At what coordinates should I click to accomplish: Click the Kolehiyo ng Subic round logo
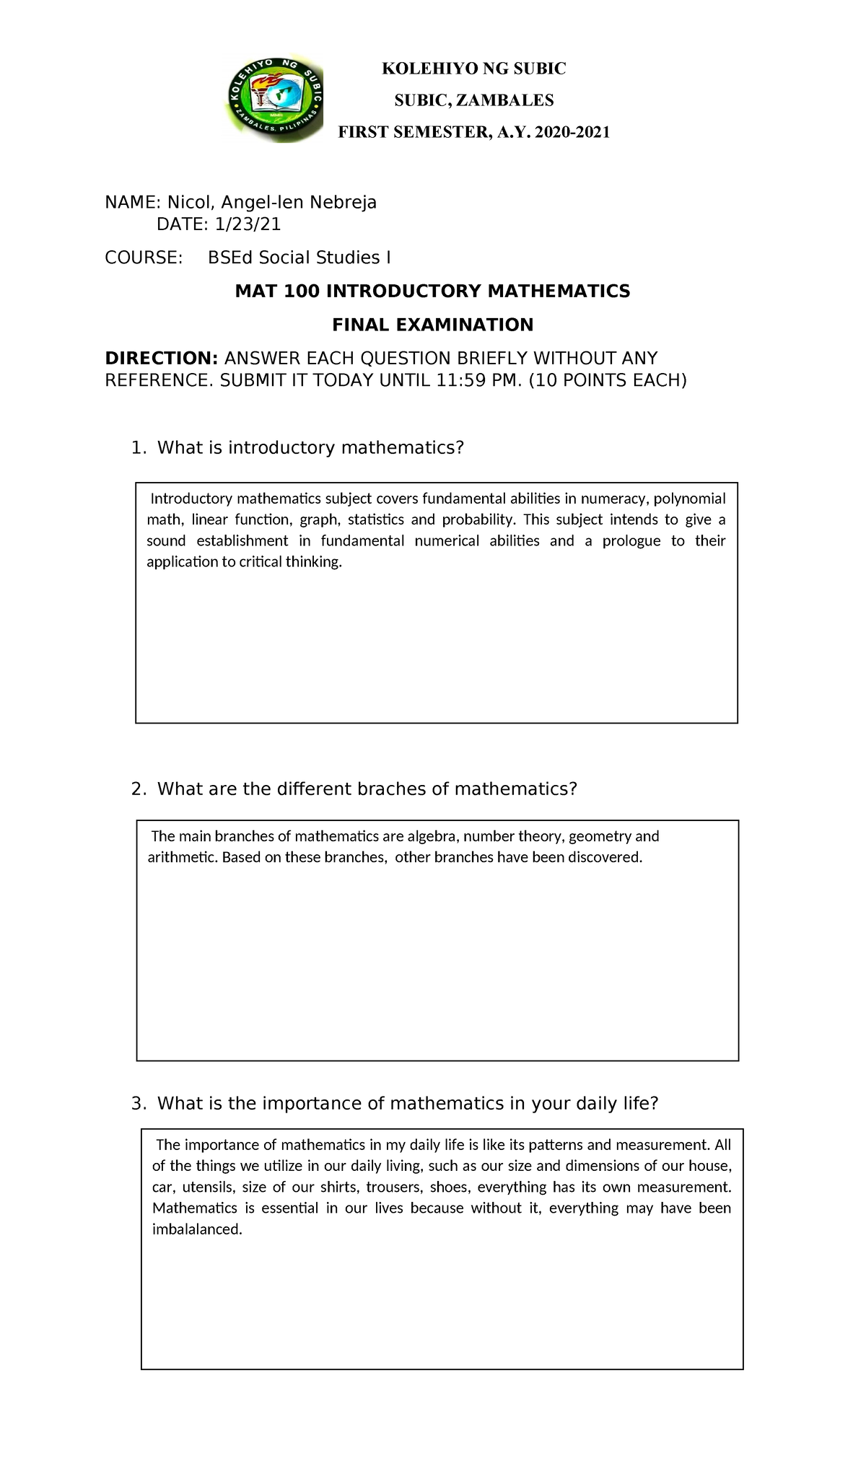point(274,101)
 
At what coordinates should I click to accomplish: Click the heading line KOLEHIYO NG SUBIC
point(473,69)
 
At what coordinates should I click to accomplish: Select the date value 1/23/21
point(247,224)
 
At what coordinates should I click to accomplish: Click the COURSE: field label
point(144,258)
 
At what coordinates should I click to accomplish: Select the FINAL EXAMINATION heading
point(432,325)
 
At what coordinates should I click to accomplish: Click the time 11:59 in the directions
point(460,380)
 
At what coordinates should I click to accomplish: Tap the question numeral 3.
point(138,1103)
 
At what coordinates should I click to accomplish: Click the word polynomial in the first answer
point(689,499)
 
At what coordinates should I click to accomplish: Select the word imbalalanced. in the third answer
point(197,1229)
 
